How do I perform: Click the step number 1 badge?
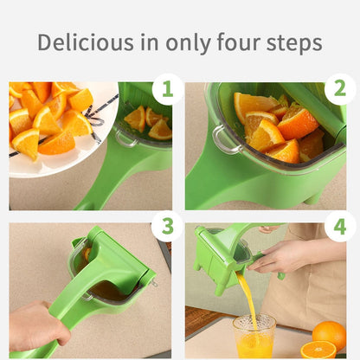(x=167, y=90)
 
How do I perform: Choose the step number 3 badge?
(x=167, y=227)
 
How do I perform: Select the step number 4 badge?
(x=339, y=227)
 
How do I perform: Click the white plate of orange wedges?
(x=52, y=130)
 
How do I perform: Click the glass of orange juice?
(x=254, y=337)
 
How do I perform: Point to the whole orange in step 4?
(x=329, y=333)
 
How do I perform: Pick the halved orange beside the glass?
(x=318, y=350)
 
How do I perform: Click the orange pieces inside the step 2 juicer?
(x=273, y=125)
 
